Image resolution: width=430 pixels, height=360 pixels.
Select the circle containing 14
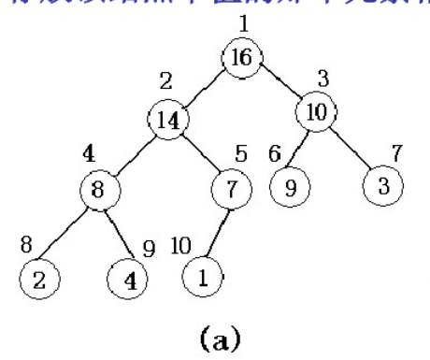[x=168, y=119]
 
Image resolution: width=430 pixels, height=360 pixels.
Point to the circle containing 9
[x=291, y=185]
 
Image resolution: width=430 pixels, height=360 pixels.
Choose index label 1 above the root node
[x=244, y=22]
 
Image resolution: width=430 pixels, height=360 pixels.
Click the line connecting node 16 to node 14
[x=206, y=88]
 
